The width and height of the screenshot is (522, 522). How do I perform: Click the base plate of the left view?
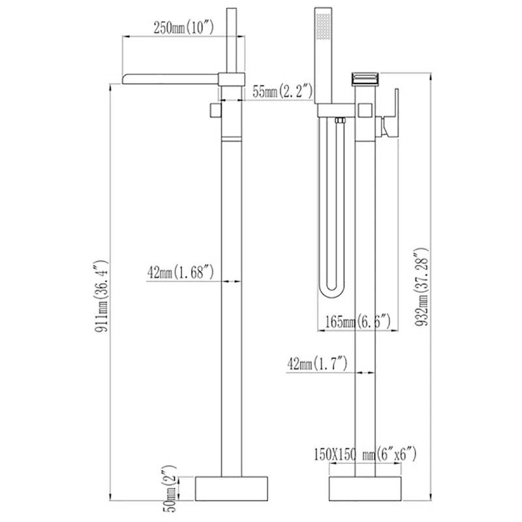coord(233,487)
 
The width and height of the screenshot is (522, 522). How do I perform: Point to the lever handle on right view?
coord(392,114)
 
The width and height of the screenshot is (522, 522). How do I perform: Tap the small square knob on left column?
coord(213,110)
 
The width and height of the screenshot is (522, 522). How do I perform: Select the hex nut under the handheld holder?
coord(339,120)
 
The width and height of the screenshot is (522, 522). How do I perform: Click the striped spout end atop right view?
coord(365,77)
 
